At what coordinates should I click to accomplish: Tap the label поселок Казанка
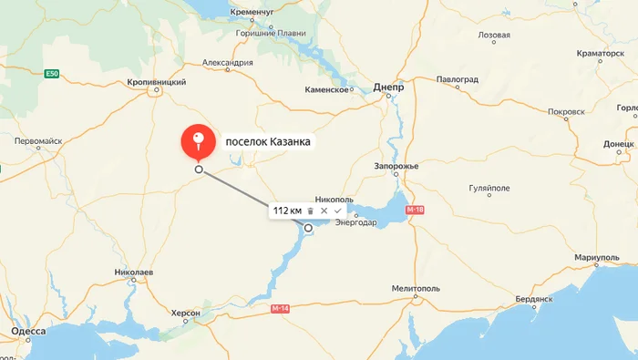coord(267,142)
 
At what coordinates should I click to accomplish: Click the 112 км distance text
coord(288,211)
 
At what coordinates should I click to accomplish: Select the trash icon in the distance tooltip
coord(310,211)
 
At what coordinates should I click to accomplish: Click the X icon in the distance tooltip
coord(324,211)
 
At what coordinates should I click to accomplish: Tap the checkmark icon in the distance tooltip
coord(337,211)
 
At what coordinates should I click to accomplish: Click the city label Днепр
coord(388,87)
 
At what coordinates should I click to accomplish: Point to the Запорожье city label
coord(396,166)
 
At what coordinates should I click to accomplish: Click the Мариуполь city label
coord(597,259)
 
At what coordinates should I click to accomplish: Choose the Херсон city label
coord(185,313)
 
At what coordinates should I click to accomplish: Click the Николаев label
coord(134,273)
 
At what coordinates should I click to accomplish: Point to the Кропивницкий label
coord(157,81)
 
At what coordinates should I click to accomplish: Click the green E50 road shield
coord(52,73)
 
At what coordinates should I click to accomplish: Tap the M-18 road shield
coord(416,211)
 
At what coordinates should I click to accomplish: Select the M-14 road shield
coord(281,309)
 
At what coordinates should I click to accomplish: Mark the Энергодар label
coord(356,222)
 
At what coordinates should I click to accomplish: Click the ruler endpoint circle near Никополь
coord(309,228)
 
